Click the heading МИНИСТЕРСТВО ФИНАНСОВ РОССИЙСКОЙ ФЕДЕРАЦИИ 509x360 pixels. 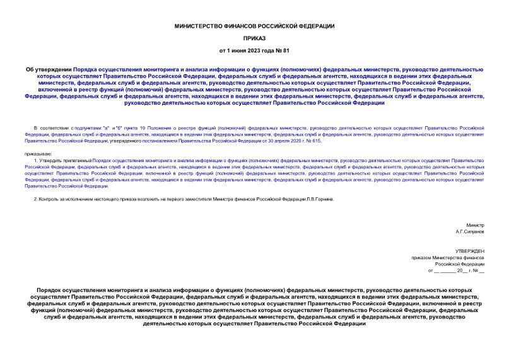pyautogui.click(x=254, y=25)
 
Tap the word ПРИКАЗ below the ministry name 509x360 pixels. pyautogui.click(x=254, y=38)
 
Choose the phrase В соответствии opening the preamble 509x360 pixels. pyautogui.click(x=51, y=128)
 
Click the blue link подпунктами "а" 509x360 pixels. pyautogui.click(x=91, y=128)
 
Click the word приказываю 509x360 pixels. pyautogui.click(x=39, y=153)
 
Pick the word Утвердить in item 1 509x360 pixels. pyautogui.click(x=52, y=161)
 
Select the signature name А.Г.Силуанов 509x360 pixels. pyautogui.click(x=470, y=231)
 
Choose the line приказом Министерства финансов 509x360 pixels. pyautogui.click(x=447, y=258)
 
